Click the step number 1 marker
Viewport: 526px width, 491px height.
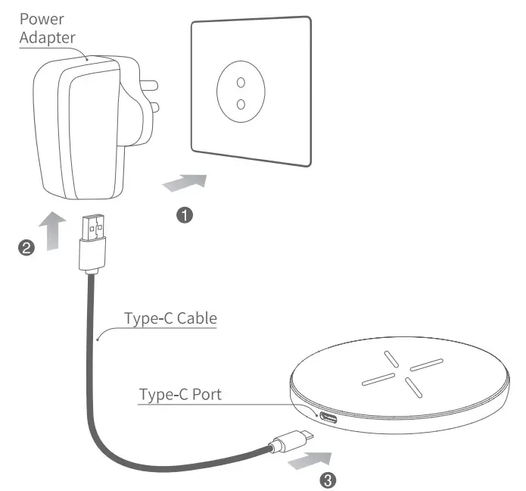point(183,216)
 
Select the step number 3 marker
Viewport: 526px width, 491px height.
point(327,479)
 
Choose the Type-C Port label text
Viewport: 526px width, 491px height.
point(180,396)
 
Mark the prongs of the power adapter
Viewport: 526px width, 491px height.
point(151,94)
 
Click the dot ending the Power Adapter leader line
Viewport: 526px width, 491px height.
point(89,58)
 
